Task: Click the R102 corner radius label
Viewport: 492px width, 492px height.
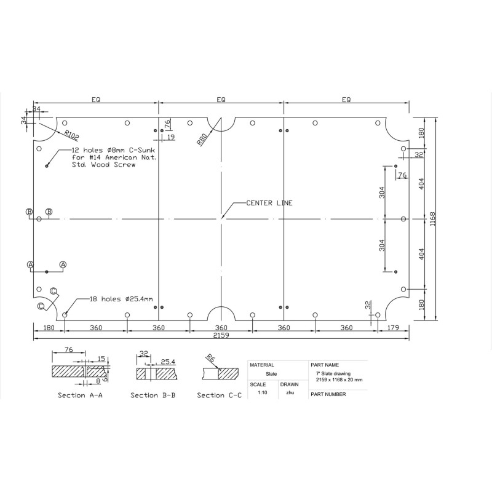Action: click(x=72, y=135)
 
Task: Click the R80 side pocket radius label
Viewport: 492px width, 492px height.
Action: click(x=202, y=140)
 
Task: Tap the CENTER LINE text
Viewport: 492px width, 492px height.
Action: click(x=269, y=203)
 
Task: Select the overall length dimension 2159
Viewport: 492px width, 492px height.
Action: click(x=221, y=335)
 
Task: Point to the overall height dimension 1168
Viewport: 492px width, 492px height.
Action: click(x=433, y=219)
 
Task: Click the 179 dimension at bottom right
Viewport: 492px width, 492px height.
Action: click(x=393, y=328)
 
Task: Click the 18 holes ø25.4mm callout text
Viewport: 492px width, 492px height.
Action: click(x=121, y=299)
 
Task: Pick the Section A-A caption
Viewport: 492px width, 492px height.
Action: click(x=80, y=395)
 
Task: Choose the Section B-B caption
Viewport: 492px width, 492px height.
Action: click(x=153, y=395)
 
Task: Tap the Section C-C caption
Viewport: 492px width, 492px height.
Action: click(x=220, y=395)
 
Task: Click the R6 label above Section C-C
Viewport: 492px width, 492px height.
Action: click(x=210, y=358)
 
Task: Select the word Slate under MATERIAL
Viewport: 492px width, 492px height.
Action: click(x=271, y=374)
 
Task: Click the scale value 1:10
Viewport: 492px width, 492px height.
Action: click(x=263, y=392)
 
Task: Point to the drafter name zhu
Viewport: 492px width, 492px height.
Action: click(x=290, y=392)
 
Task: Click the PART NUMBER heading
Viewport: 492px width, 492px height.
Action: click(x=328, y=394)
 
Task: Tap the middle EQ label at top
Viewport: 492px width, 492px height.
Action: click(x=221, y=100)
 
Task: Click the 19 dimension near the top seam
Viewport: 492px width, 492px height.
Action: click(x=171, y=137)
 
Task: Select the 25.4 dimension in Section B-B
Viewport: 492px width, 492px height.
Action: click(x=168, y=362)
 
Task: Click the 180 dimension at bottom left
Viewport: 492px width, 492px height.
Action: click(x=49, y=328)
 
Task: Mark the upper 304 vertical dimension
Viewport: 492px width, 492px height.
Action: click(x=382, y=192)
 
